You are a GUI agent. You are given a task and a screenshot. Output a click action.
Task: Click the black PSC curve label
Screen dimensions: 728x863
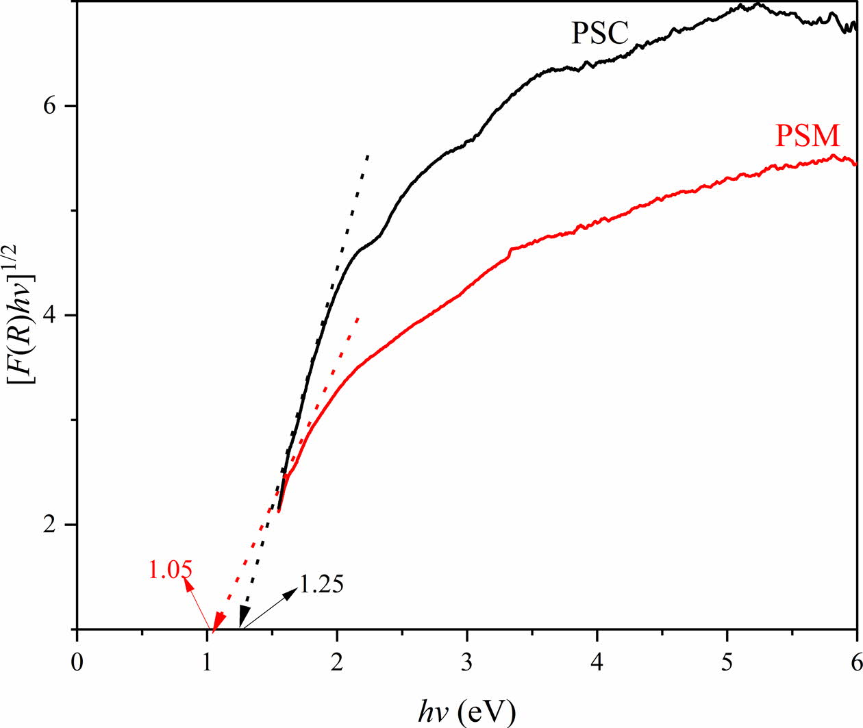coord(599,33)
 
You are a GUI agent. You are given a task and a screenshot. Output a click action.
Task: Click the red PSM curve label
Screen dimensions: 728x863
coord(807,136)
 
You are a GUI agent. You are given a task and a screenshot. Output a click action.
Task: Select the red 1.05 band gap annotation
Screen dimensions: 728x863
coord(170,570)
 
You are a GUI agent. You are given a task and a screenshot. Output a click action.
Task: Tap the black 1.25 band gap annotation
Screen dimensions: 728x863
coord(321,584)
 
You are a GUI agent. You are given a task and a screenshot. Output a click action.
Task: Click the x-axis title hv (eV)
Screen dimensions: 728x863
coord(467,712)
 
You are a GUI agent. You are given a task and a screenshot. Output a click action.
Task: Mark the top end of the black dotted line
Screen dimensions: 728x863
coord(368,155)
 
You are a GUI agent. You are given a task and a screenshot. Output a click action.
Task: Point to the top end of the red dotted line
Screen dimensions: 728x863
coord(358,318)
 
